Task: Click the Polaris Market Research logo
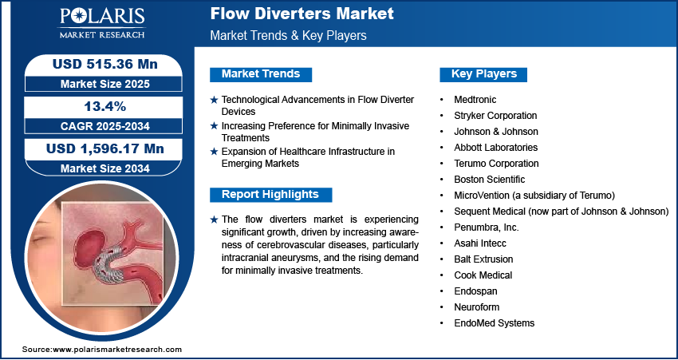102,23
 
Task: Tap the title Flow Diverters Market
302,14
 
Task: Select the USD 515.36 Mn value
105,64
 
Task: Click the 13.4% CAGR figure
104,106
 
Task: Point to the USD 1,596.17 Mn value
105,148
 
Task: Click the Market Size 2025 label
105,84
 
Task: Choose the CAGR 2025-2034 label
105,126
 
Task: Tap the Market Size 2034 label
105,168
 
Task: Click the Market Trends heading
261,74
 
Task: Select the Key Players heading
484,74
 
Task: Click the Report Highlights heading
270,195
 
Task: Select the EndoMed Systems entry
495,322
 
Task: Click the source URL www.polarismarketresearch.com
117,349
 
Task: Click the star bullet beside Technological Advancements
214,100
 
